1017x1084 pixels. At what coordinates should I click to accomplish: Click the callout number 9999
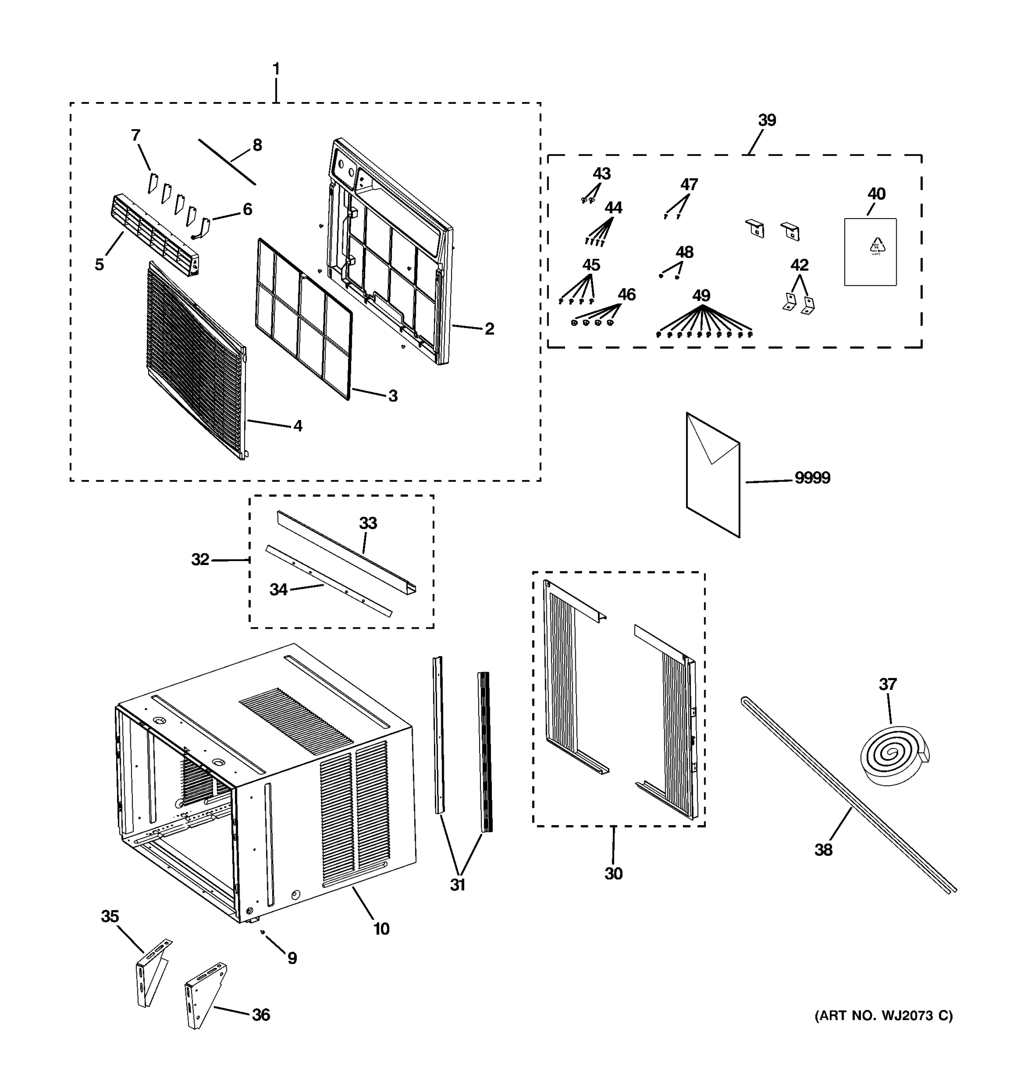[x=812, y=478]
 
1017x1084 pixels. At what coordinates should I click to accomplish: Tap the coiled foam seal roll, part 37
[x=894, y=756]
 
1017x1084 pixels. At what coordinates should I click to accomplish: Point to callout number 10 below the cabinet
[x=381, y=929]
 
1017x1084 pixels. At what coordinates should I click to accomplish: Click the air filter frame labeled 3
[x=305, y=318]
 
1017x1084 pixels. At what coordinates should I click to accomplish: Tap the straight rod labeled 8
[x=226, y=161]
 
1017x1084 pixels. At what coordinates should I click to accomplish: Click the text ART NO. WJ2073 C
[x=883, y=1016]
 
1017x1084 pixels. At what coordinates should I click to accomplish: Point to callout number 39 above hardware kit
[x=767, y=120]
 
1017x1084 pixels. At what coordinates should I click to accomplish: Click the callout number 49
[x=701, y=295]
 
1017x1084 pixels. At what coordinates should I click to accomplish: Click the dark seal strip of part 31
[x=485, y=752]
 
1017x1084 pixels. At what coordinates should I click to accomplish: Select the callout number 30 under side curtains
[x=613, y=874]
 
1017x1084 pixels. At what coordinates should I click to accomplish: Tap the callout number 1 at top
[x=276, y=69]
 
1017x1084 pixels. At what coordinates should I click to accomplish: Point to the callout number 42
[x=799, y=265]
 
